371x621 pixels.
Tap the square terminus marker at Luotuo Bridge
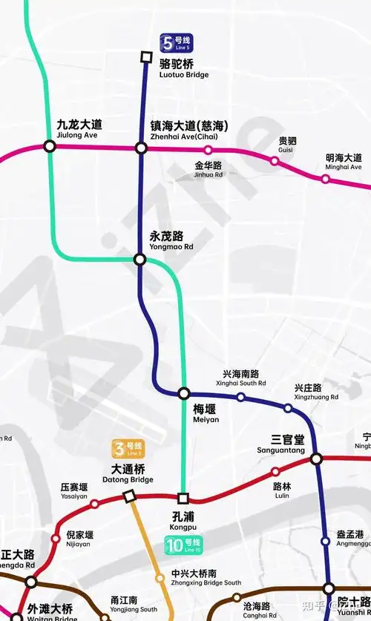[147, 56]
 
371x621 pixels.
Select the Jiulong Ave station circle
[50, 146]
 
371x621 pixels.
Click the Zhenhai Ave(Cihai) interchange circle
[141, 148]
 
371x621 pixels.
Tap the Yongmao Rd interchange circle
[139, 259]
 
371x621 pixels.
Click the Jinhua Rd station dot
[208, 151]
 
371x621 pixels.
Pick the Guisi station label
[286, 145]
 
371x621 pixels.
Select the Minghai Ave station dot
[326, 178]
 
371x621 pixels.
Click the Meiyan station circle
[183, 393]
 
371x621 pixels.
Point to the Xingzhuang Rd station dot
[288, 407]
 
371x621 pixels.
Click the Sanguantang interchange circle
[316, 459]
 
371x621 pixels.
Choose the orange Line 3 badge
[128, 448]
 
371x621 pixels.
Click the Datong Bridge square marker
[129, 496]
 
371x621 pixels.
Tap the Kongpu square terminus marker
[183, 498]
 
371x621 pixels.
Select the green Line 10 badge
[183, 545]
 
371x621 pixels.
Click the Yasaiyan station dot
[94, 504]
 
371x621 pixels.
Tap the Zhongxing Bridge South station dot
[160, 578]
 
